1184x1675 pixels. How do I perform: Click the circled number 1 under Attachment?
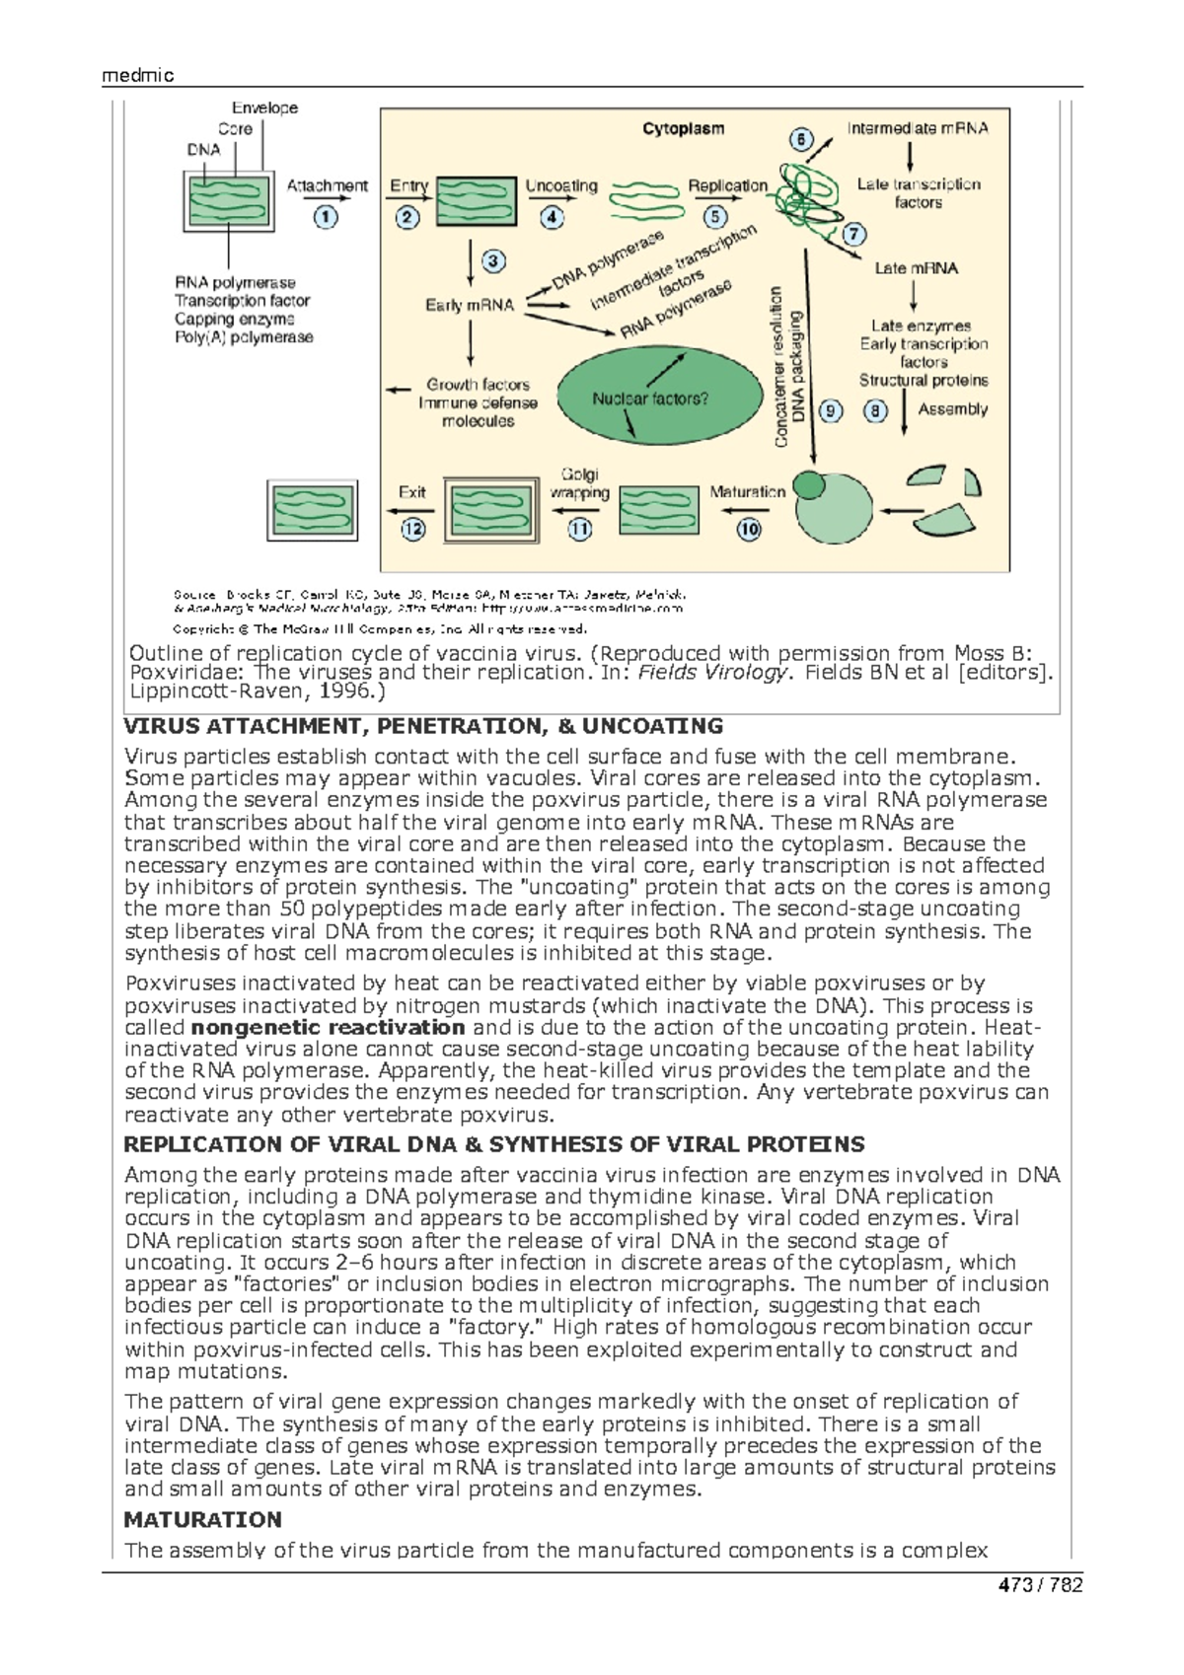click(326, 217)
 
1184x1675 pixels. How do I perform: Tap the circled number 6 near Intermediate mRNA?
click(801, 140)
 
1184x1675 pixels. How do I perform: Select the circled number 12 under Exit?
click(412, 529)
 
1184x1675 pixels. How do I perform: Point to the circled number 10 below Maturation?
click(749, 529)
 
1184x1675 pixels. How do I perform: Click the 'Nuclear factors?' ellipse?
click(650, 399)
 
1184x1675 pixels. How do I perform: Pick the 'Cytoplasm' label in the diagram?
click(683, 128)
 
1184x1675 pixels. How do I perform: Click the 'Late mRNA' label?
click(916, 268)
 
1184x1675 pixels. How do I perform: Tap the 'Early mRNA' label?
click(470, 306)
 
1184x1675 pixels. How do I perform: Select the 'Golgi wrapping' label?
click(580, 483)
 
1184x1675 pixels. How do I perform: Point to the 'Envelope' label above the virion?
click(264, 108)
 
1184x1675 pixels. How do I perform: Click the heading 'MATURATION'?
click(202, 1519)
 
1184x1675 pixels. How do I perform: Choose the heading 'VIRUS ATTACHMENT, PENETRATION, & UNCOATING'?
click(423, 727)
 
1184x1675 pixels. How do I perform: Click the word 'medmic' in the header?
click(137, 76)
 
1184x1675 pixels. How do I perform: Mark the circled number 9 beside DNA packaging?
click(831, 410)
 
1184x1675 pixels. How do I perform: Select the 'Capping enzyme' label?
click(235, 319)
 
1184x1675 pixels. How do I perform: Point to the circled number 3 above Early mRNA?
click(492, 261)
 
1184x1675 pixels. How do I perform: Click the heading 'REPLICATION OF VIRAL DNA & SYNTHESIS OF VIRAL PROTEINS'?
click(493, 1144)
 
